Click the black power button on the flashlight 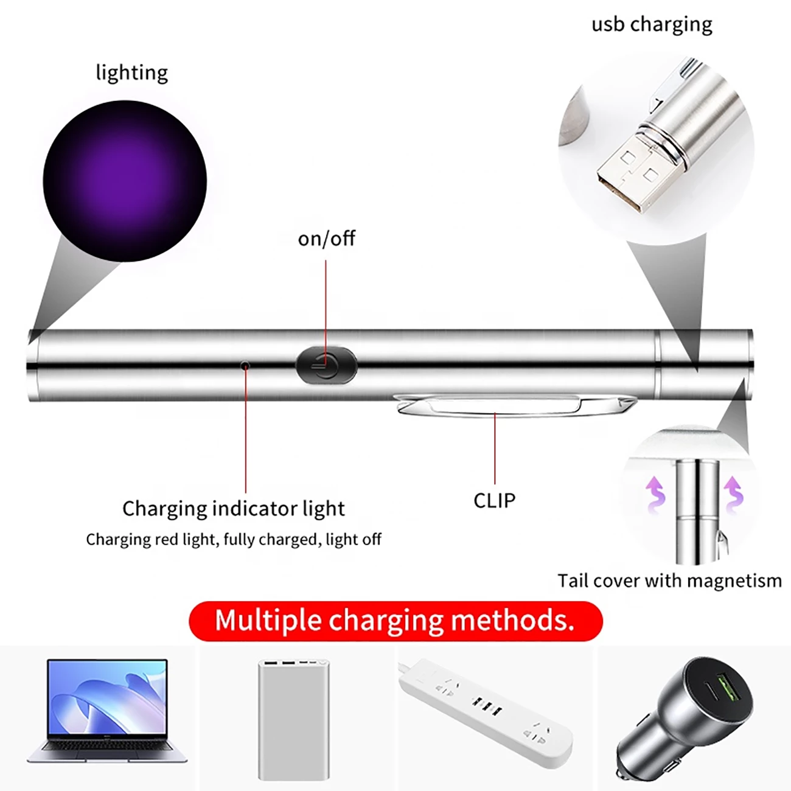click(x=326, y=365)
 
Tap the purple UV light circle click(x=125, y=181)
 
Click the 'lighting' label click(x=132, y=73)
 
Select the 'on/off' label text click(x=326, y=239)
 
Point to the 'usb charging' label click(x=652, y=24)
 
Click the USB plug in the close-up click(x=632, y=172)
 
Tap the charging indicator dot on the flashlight click(x=245, y=365)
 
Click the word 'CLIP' click(x=494, y=500)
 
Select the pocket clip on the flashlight click(x=513, y=406)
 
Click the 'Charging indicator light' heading click(x=234, y=509)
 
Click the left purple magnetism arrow click(x=655, y=495)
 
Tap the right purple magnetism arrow click(x=733, y=495)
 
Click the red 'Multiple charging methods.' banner click(x=395, y=621)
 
